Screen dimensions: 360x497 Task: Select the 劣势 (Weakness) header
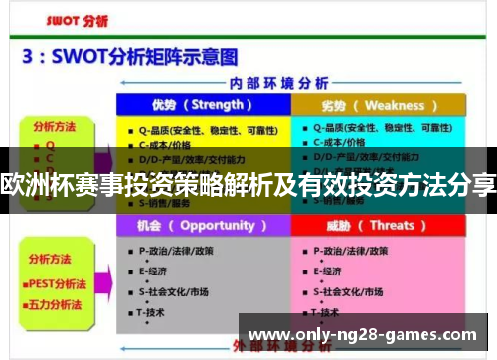pyautogui.click(x=378, y=104)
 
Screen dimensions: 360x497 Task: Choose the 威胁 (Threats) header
pyautogui.click(x=378, y=225)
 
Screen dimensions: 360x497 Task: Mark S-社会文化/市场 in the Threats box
pyautogui.click(x=348, y=291)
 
